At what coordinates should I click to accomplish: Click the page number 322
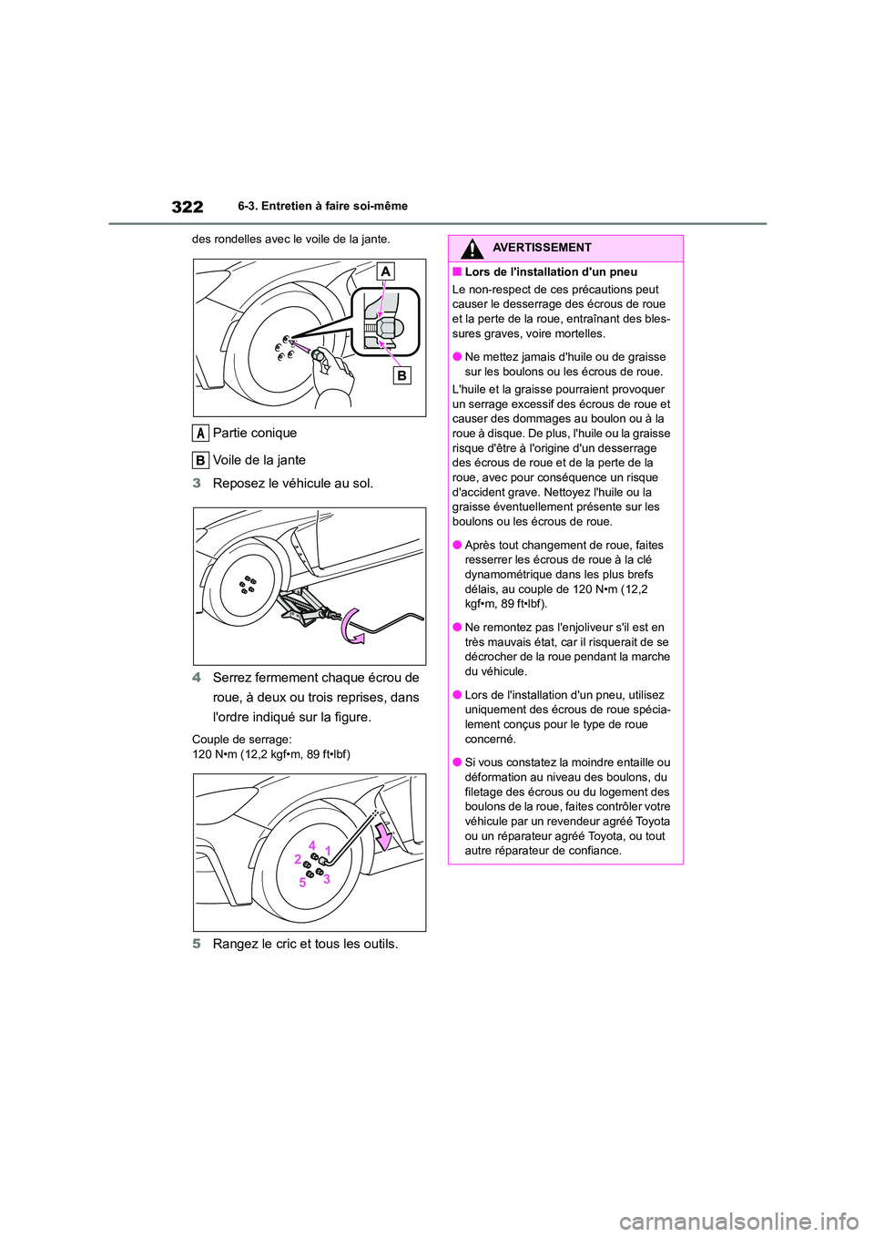coord(187,207)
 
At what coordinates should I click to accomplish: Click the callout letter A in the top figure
coord(386,271)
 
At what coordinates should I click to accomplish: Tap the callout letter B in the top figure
coord(401,375)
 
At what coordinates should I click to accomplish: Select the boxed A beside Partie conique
coord(200,433)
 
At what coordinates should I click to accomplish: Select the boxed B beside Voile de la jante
coord(200,460)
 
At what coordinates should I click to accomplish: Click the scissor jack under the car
coord(300,607)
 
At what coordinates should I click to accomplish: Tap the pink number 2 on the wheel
coord(297,859)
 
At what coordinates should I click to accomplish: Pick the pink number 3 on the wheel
coord(327,879)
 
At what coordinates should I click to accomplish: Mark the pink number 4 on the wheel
coord(311,844)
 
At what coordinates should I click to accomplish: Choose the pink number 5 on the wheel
coord(302,883)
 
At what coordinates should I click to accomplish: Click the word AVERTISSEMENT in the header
coord(542,248)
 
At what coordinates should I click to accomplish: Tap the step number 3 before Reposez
coord(197,483)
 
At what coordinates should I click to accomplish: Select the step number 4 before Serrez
coord(197,678)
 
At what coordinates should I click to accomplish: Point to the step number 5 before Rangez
coord(197,944)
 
